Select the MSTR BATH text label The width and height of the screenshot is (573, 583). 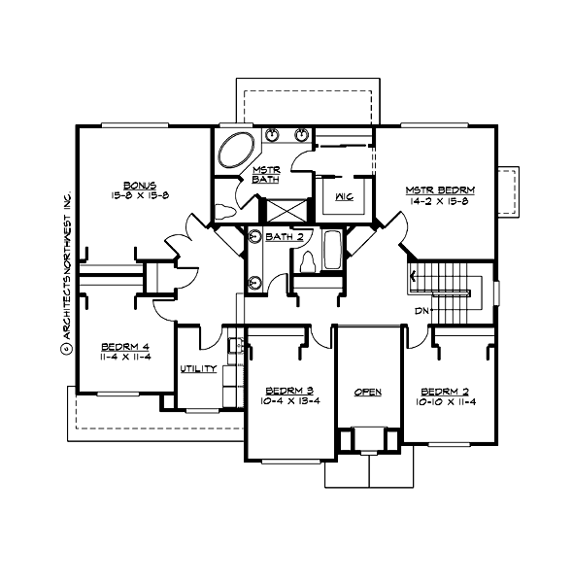(x=265, y=174)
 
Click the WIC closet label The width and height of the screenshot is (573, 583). (x=343, y=196)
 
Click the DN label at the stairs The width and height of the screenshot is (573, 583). (x=421, y=310)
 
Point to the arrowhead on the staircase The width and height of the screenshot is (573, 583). (x=416, y=277)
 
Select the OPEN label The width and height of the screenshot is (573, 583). (x=367, y=392)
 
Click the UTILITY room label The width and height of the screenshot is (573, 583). (x=198, y=369)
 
